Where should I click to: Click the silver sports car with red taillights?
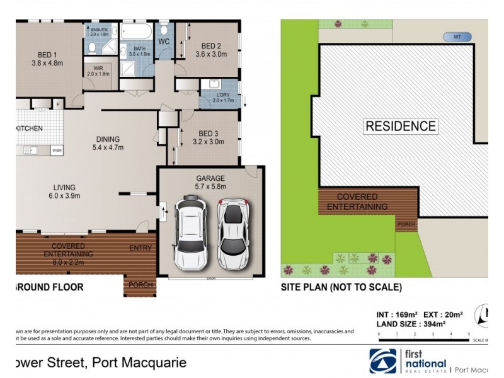(x=233, y=234)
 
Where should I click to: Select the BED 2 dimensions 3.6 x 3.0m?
(x=210, y=54)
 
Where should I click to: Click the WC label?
(x=164, y=42)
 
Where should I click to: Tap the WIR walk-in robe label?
(x=98, y=69)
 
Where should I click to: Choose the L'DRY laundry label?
(x=223, y=94)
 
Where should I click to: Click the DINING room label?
(x=108, y=139)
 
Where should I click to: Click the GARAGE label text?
(x=210, y=178)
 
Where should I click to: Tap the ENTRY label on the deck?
(x=140, y=248)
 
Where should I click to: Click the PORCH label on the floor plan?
(x=140, y=285)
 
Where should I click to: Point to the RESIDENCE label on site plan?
(x=400, y=126)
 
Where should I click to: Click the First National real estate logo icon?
(x=384, y=361)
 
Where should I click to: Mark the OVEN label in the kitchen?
(x=57, y=151)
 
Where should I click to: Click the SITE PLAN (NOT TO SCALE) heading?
(x=341, y=287)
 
